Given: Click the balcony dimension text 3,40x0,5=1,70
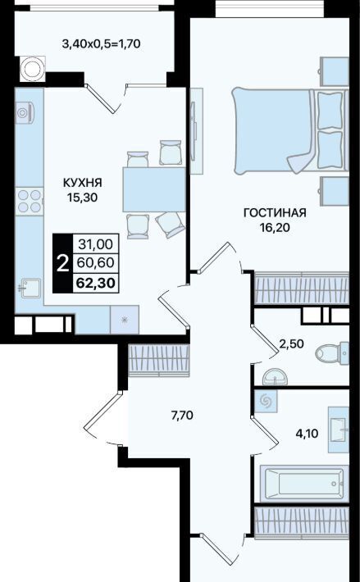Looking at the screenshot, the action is [101, 44].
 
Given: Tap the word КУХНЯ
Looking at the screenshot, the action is [82, 183].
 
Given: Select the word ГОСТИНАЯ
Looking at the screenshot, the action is [275, 213].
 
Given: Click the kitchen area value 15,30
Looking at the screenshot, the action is [82, 198].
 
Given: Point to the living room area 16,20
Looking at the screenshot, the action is [275, 228].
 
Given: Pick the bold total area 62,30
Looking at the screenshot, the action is [96, 283].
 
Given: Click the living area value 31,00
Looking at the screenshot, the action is [96, 244].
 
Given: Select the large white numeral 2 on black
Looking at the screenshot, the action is [62, 263].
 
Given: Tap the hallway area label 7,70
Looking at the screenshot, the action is [182, 416].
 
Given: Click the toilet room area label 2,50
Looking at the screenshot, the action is [292, 343].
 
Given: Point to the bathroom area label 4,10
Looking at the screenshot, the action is [307, 433].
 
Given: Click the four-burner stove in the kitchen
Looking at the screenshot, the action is [30, 201].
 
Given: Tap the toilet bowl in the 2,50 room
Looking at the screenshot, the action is [332, 352].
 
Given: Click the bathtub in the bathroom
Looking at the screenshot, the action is [304, 484].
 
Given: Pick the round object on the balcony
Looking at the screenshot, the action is [33, 68].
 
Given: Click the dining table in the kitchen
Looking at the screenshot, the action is [154, 189].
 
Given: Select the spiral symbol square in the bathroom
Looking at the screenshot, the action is [266, 401].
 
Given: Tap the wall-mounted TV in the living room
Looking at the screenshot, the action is [196, 130].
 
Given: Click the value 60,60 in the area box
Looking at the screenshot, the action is [96, 263].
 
